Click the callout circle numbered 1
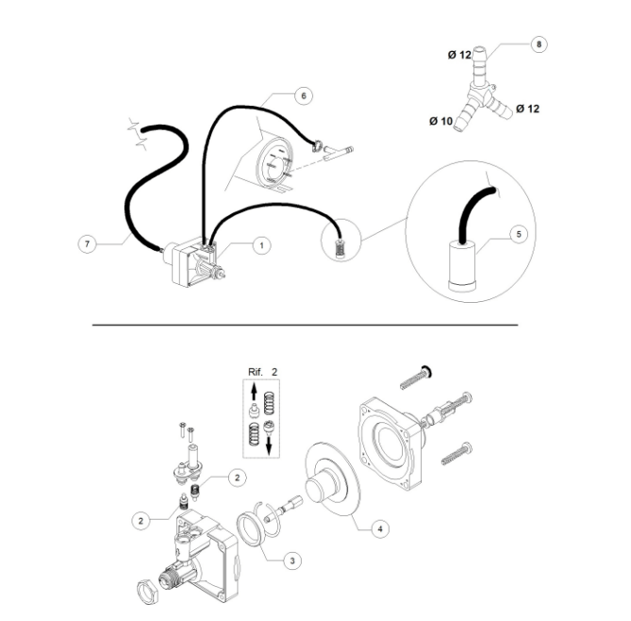coord(262,244)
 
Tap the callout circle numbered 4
coord(379,529)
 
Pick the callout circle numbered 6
coord(303,96)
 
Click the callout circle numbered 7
coord(86,243)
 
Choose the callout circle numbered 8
coord(539,44)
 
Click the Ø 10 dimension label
coord(440,121)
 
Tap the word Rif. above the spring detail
coord(254,371)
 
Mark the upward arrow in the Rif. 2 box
coord(251,391)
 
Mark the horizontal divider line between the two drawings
coord(304,325)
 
